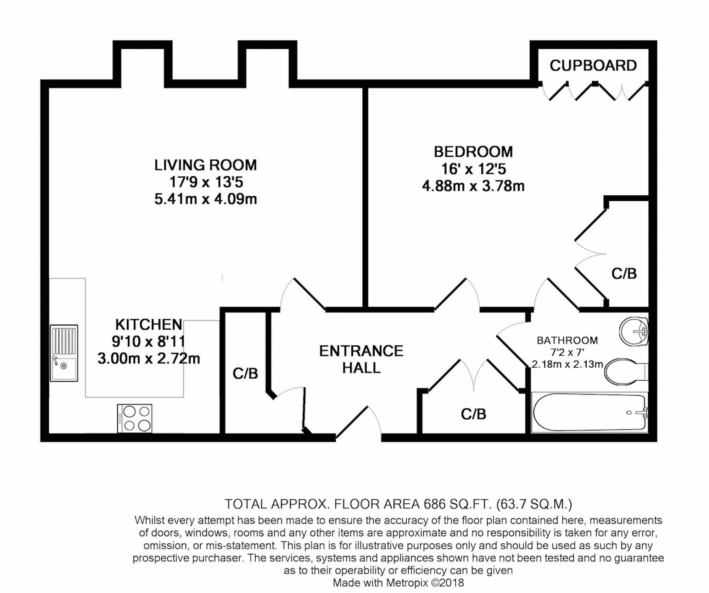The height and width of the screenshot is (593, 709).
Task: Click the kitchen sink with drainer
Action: point(64,353)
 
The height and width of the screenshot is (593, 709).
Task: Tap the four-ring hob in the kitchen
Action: point(135,418)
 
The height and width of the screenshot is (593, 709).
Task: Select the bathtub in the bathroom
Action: point(589,412)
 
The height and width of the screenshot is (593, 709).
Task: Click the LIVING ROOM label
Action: point(205,165)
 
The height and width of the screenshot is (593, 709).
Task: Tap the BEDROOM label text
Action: point(473,152)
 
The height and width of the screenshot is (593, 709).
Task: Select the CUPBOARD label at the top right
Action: point(593,66)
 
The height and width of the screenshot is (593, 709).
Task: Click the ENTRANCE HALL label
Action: point(361,359)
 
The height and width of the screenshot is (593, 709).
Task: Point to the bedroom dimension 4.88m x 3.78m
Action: point(473,186)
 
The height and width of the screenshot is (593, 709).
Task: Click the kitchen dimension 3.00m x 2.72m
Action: point(149,359)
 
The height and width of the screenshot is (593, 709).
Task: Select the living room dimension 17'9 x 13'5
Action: point(206,182)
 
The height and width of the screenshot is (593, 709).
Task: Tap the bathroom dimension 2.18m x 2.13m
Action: point(567,364)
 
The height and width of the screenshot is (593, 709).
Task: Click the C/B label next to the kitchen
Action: point(245,373)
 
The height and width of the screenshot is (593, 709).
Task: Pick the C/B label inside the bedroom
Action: point(624,273)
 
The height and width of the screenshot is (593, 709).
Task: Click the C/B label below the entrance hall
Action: point(473,414)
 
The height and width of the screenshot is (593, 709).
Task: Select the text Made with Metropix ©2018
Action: point(398,583)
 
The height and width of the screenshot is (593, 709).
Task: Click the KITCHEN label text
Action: point(149,324)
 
